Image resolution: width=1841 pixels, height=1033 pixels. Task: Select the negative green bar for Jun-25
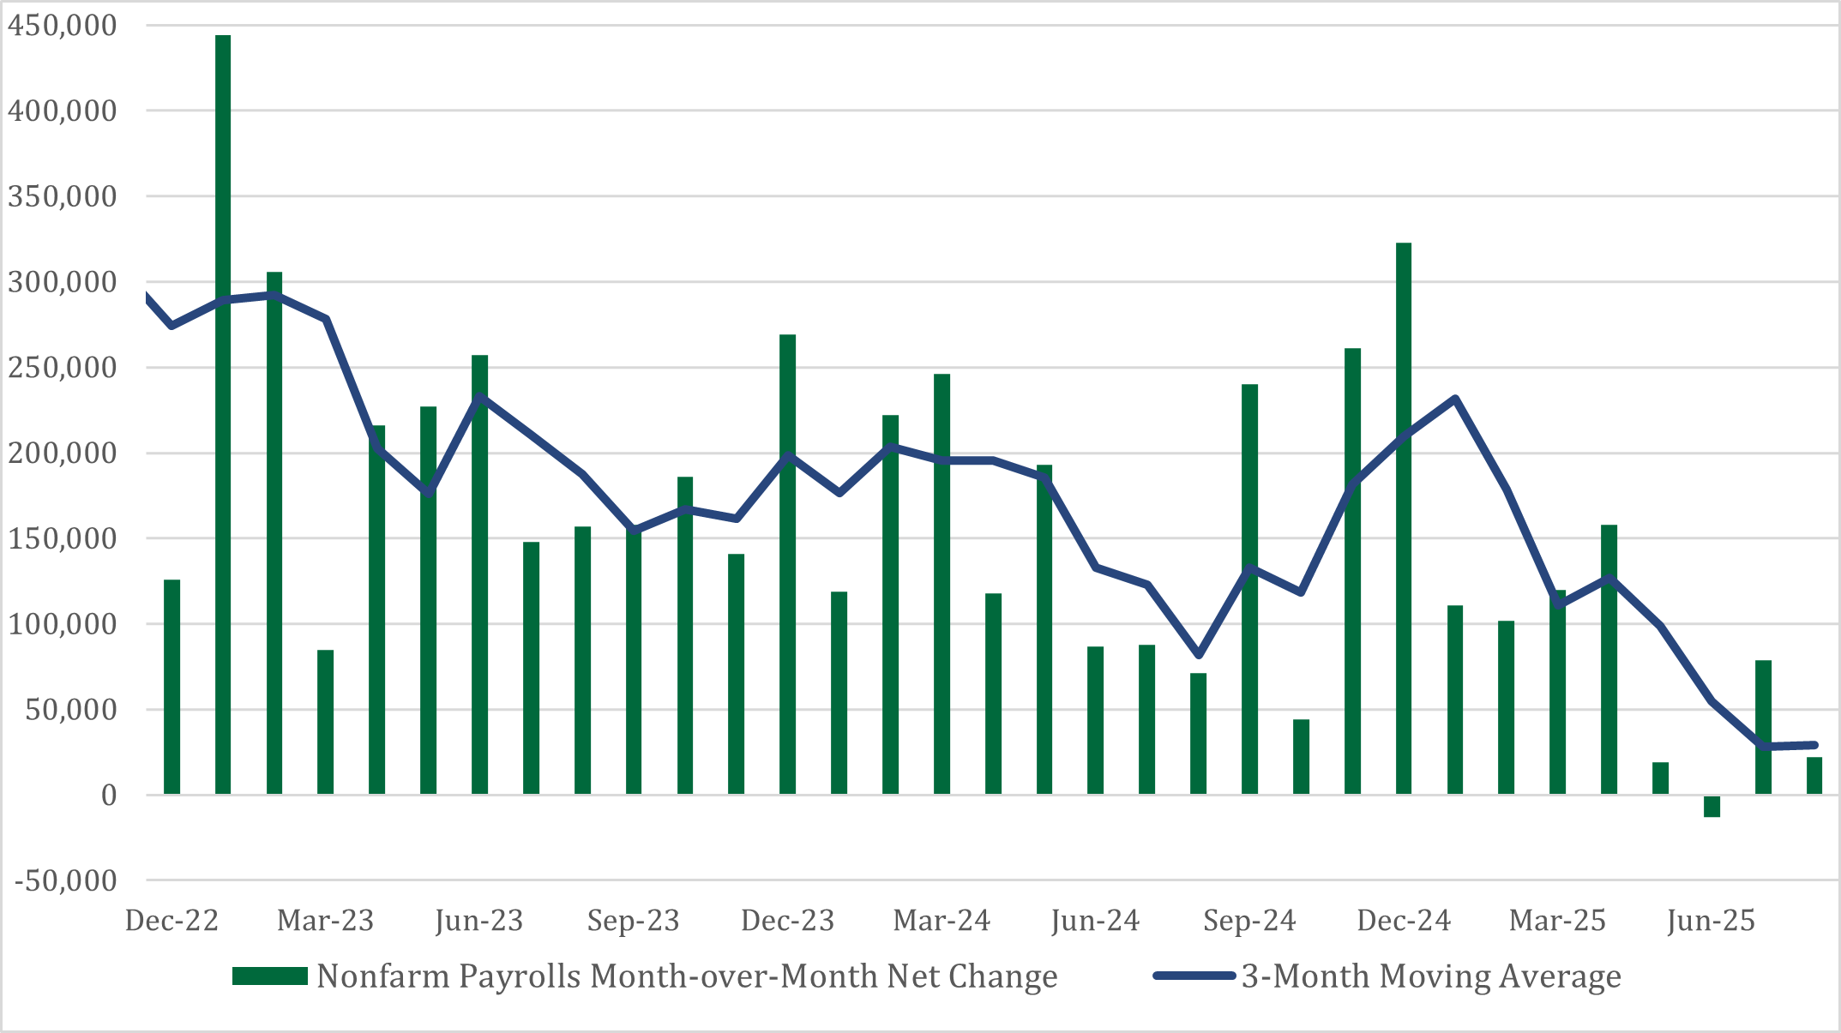coord(1712,806)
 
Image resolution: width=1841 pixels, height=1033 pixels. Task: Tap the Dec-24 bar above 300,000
coord(1404,514)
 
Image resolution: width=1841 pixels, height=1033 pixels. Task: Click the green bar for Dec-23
coord(787,566)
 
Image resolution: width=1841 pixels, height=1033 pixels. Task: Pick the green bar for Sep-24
coord(1249,592)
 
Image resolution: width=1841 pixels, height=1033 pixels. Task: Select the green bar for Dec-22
coord(171,686)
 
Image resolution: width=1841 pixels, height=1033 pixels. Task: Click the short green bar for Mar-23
coord(325,722)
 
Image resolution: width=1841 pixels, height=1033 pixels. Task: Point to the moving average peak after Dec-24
coord(1455,399)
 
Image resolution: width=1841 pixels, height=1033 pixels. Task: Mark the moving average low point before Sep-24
coord(1199,656)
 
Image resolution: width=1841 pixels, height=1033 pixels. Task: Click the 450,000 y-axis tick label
coord(62,26)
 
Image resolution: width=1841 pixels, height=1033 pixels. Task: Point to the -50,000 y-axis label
coord(65,880)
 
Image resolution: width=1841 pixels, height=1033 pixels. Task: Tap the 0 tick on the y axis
coord(109,796)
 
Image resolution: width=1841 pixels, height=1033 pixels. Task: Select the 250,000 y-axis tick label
coord(62,368)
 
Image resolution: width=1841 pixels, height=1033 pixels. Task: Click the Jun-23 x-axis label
coord(478,921)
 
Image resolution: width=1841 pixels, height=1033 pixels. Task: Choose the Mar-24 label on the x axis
coord(941,921)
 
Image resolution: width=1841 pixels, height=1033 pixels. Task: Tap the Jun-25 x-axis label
coord(1711,921)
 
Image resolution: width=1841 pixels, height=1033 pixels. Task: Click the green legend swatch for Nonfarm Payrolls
coord(269,976)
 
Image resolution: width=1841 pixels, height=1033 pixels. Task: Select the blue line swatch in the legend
coord(1194,976)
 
